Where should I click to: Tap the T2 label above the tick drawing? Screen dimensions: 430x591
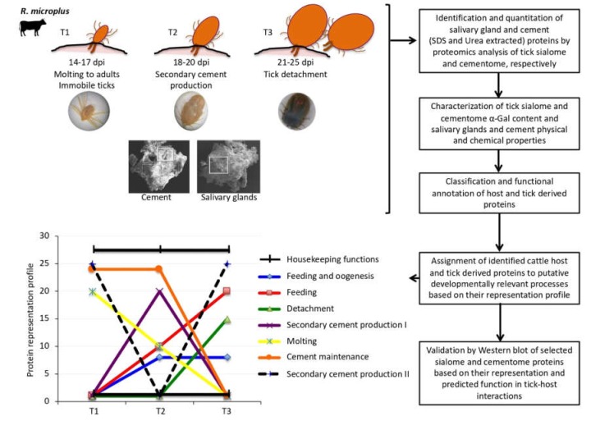point(172,32)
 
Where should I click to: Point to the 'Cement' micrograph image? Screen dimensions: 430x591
point(158,163)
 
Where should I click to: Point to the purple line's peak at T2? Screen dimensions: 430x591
point(158,290)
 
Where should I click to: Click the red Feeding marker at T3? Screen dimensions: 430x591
point(226,291)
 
